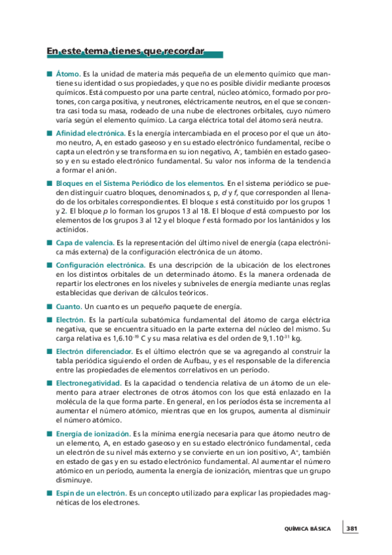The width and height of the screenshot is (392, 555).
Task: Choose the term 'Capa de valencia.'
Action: (84, 243)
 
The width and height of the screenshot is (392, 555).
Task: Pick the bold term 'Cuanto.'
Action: (69, 306)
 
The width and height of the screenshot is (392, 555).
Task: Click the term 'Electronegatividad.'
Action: (88, 382)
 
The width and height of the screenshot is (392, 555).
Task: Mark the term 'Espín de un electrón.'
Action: (90, 493)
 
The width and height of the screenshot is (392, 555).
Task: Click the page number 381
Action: (351, 529)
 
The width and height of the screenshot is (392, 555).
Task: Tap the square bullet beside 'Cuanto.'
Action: (49, 306)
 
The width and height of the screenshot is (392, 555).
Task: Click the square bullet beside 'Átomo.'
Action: (49, 75)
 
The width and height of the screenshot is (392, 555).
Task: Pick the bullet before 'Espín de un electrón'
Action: (49, 493)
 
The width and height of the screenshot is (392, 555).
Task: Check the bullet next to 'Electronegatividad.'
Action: (49, 382)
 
